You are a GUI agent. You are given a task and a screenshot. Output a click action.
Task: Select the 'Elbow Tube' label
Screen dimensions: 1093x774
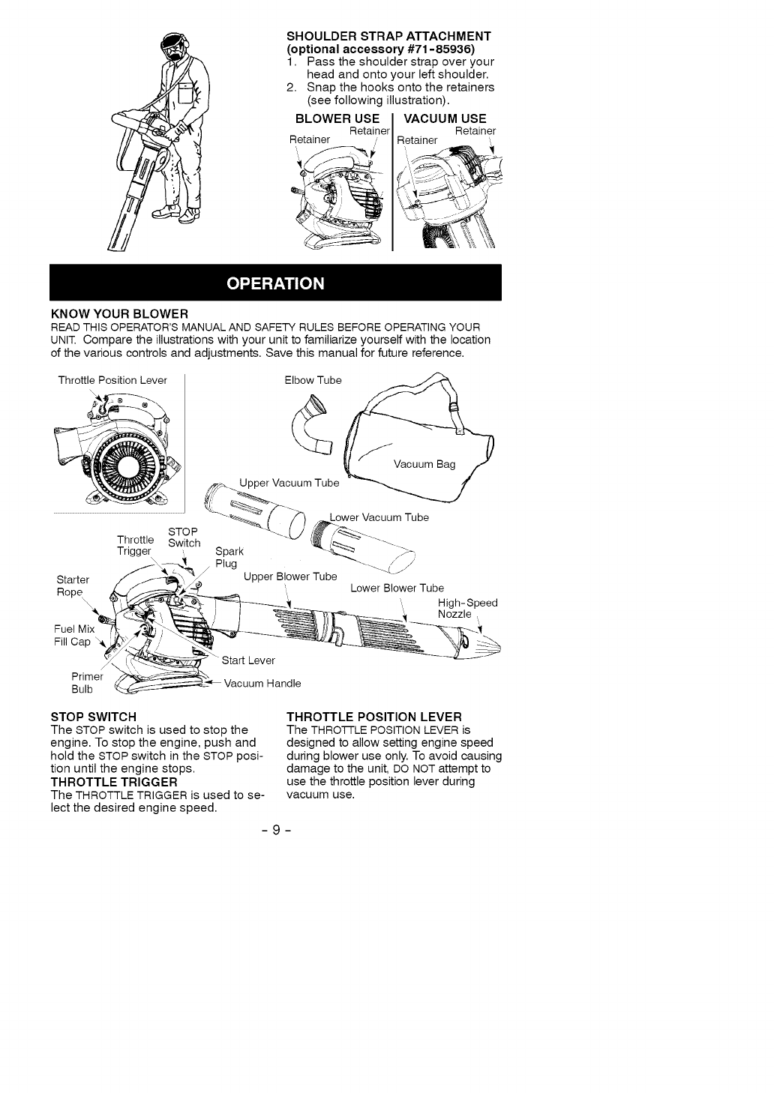[x=313, y=380]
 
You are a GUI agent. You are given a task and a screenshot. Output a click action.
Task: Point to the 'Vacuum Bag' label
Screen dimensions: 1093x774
[x=424, y=465]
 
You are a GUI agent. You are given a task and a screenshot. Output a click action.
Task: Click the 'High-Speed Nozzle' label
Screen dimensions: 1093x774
[x=466, y=609]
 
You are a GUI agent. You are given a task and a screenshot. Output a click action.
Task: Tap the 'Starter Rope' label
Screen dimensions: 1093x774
[x=73, y=585]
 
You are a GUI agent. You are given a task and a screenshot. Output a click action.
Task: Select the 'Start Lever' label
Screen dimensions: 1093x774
[x=248, y=660]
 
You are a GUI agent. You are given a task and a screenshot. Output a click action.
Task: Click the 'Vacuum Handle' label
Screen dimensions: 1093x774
[x=262, y=683]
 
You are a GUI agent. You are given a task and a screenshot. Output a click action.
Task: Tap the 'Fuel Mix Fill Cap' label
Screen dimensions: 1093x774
[x=73, y=635]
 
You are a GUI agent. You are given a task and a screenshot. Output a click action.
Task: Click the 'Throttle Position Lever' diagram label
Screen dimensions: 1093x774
[x=112, y=380]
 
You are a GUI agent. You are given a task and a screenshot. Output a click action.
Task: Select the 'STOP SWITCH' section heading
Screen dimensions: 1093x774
[x=93, y=717]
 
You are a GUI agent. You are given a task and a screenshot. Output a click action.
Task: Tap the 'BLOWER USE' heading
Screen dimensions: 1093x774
[x=337, y=118]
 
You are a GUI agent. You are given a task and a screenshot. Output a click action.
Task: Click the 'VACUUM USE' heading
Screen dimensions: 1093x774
[x=445, y=118]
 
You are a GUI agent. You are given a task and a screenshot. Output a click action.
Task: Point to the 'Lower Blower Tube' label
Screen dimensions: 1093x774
[x=397, y=588]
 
